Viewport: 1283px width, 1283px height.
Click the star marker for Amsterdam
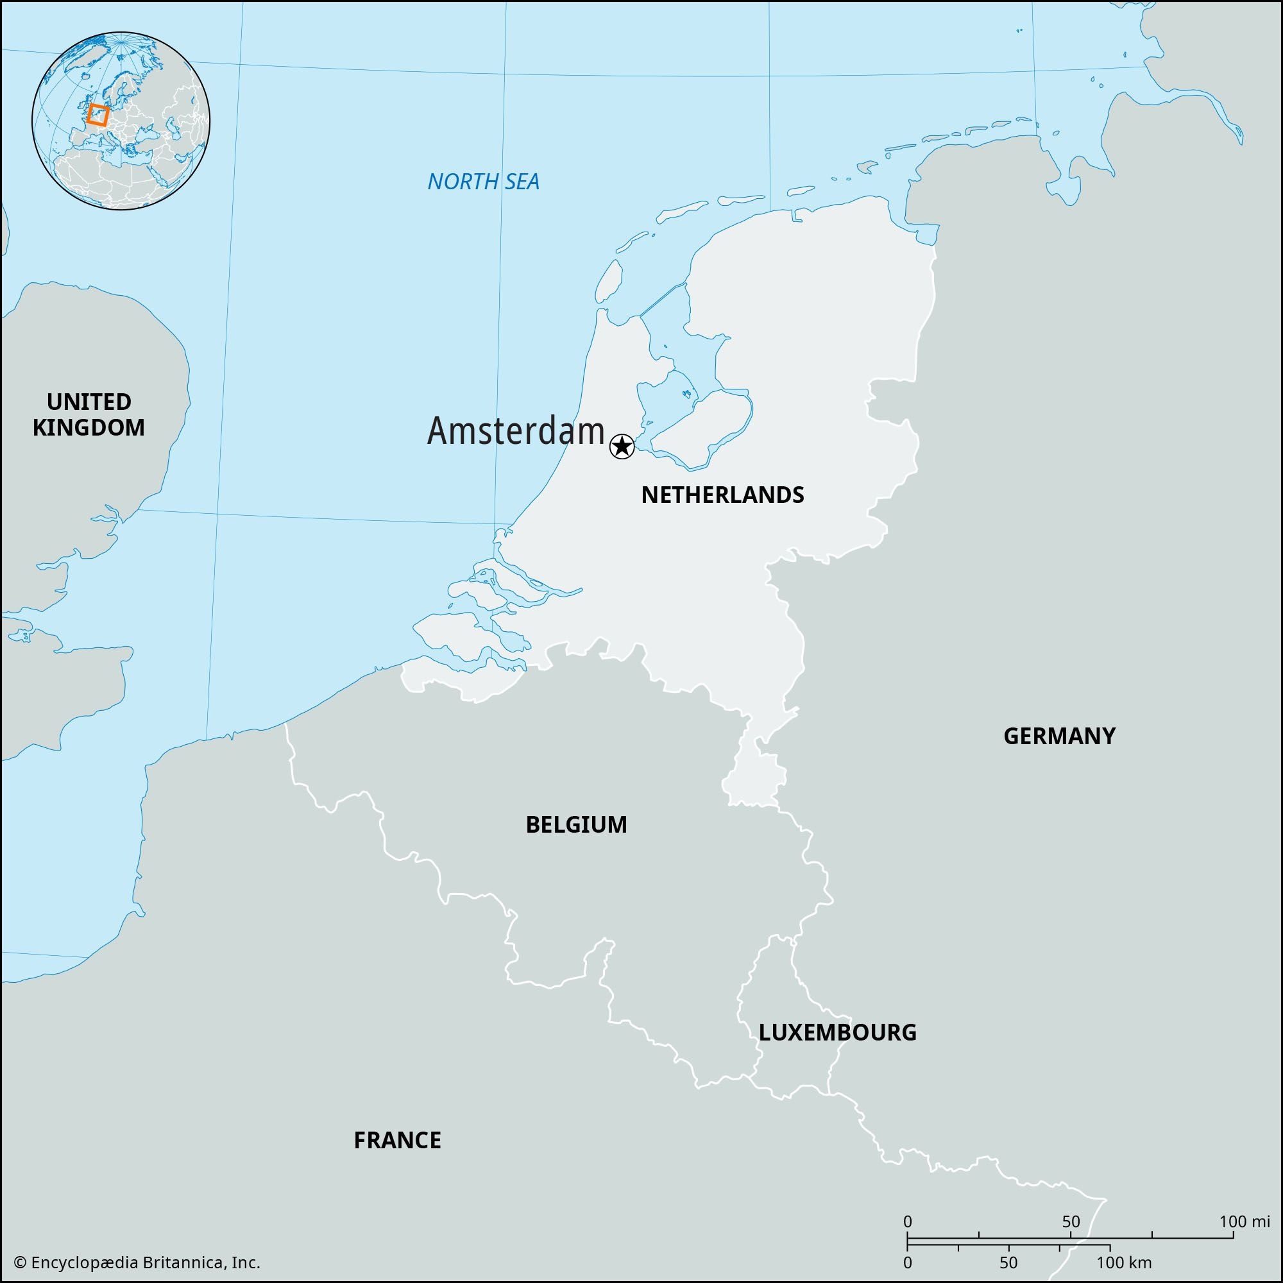[622, 446]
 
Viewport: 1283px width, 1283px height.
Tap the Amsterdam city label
[515, 431]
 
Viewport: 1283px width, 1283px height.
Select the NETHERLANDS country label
[722, 495]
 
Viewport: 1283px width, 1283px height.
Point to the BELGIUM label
[576, 825]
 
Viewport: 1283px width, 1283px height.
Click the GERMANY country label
[1059, 736]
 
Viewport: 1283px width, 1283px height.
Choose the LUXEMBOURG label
[837, 1032]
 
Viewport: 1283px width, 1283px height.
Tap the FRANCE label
[397, 1140]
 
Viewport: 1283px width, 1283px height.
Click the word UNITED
[89, 402]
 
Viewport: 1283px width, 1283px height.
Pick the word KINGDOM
[89, 429]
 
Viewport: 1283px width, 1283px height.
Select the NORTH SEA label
[484, 182]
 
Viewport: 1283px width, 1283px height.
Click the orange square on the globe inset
[97, 114]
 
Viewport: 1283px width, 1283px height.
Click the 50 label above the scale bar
[1071, 1221]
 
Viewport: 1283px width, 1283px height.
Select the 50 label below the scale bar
[1008, 1262]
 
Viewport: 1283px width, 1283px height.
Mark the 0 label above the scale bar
[908, 1221]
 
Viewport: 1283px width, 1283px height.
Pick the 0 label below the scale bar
[908, 1262]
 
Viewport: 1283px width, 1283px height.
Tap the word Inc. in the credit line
[246, 1262]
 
